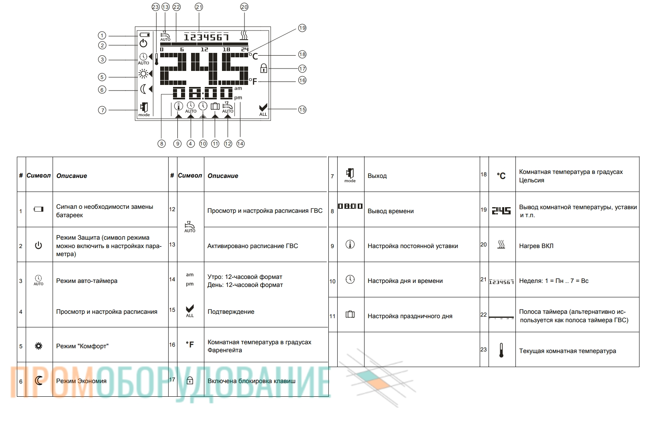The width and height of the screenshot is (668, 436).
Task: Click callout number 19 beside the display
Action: coord(302,28)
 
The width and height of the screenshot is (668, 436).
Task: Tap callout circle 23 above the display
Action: coord(156,7)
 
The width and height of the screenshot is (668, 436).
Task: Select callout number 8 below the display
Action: coord(161,144)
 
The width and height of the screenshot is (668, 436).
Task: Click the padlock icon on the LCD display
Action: coord(263,68)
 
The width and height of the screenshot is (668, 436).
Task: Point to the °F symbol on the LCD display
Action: coord(253,81)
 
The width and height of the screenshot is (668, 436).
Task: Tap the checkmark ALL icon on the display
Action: coord(263,110)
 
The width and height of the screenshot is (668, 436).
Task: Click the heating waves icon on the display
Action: coord(244,35)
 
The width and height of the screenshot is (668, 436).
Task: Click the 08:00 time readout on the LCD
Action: coord(202,93)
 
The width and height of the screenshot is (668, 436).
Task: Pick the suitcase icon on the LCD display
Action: coord(215,106)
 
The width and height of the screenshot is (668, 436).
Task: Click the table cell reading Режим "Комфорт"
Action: coord(82,346)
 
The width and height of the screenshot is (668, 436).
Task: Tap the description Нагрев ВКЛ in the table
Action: coord(536,246)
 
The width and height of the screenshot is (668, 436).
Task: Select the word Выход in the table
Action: coord(377,176)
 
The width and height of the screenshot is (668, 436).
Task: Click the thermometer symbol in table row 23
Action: coord(501,350)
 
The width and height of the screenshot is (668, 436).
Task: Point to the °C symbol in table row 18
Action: coord(501,176)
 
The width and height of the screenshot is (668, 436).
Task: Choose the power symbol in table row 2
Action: coord(39,246)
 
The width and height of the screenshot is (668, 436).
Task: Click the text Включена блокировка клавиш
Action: coord(251,381)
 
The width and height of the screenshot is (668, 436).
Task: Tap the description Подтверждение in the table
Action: coord(231,312)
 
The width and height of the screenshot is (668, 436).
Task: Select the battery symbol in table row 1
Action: coord(39,209)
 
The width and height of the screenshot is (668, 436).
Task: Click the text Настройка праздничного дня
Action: coord(410,316)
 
